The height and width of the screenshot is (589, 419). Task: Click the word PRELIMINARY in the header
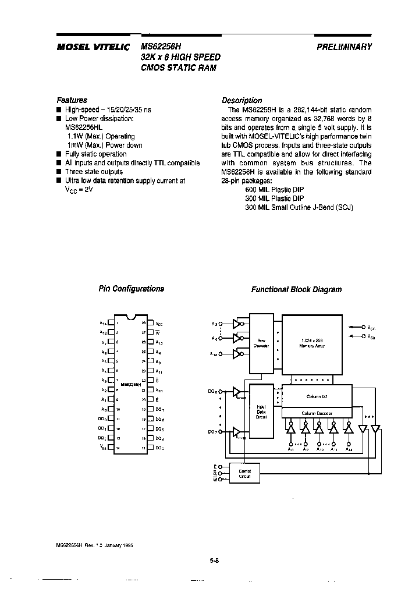click(344, 48)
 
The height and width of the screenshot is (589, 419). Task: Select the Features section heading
click(72, 100)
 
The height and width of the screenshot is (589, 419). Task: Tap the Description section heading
click(242, 100)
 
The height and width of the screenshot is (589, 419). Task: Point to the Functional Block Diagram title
click(296, 289)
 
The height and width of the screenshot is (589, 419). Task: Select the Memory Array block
click(312, 343)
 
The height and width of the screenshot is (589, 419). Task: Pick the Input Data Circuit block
click(261, 411)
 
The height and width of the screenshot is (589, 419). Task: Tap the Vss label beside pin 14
click(103, 448)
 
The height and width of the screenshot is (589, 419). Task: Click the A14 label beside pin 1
click(103, 322)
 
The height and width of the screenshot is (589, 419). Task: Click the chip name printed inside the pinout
click(131, 385)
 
